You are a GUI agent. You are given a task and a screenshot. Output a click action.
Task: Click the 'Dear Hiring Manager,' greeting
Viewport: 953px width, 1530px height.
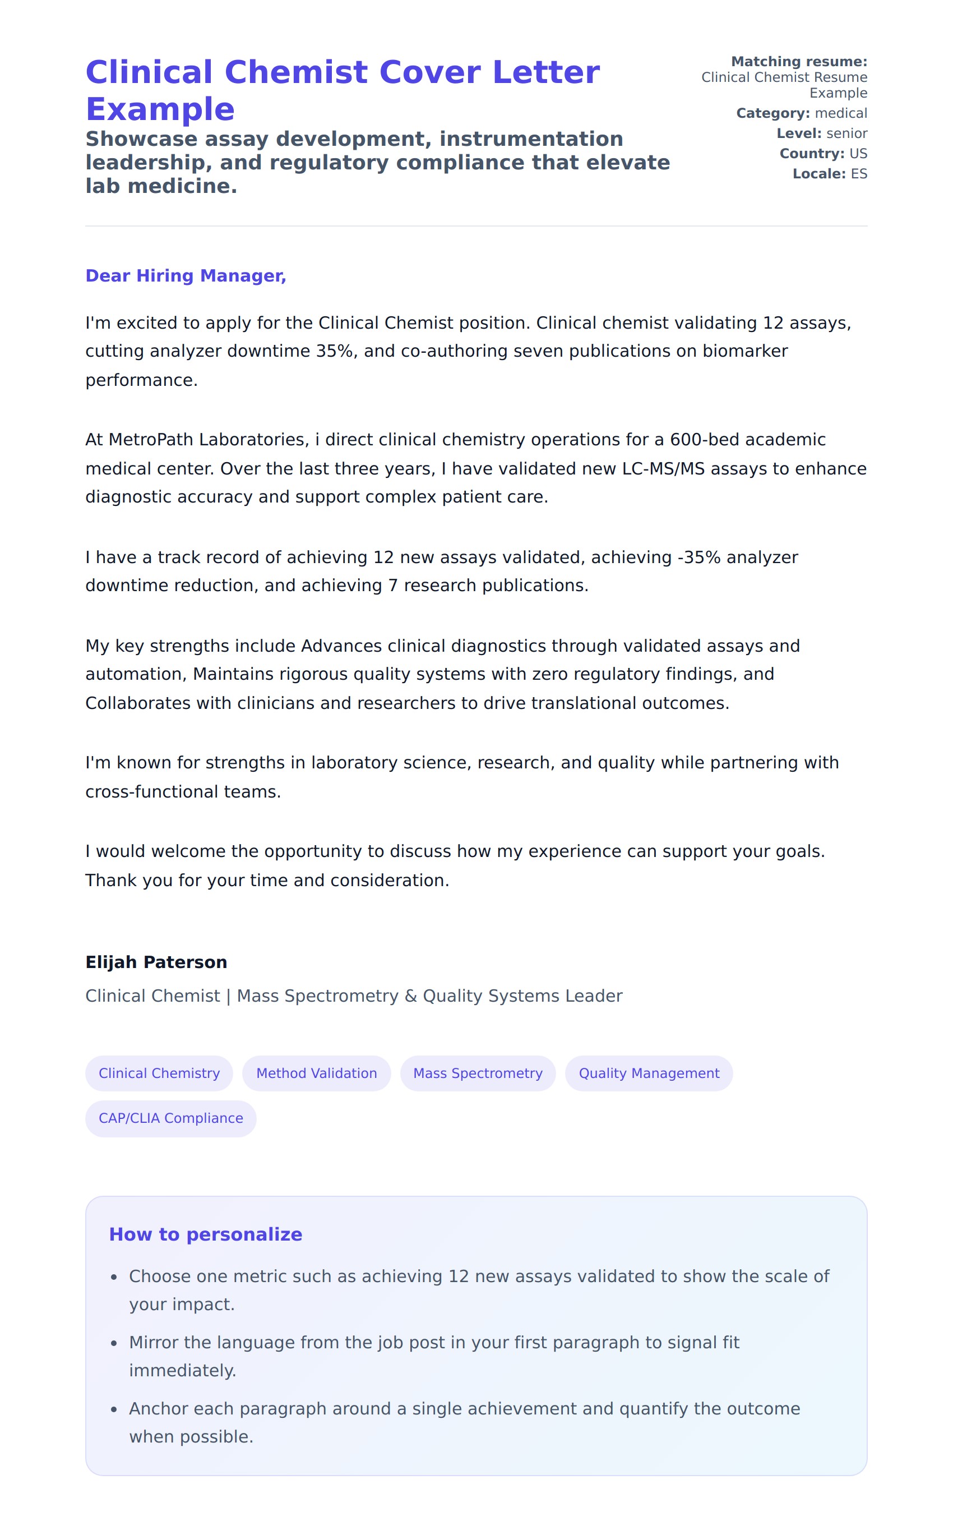pyautogui.click(x=186, y=275)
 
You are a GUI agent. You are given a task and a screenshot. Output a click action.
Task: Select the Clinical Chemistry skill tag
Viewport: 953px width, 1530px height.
pyautogui.click(x=159, y=1073)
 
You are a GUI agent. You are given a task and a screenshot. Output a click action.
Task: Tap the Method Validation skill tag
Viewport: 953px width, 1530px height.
pyautogui.click(x=316, y=1073)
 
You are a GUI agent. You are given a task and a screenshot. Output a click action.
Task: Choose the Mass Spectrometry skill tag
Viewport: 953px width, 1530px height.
pyautogui.click(x=478, y=1073)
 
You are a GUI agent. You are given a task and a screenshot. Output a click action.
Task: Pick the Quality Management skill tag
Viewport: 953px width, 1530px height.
pyautogui.click(x=649, y=1073)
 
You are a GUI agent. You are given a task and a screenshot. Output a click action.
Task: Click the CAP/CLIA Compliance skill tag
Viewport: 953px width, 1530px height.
pyautogui.click(x=171, y=1118)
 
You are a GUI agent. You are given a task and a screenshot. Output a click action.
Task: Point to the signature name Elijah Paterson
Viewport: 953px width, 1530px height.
pyautogui.click(x=156, y=962)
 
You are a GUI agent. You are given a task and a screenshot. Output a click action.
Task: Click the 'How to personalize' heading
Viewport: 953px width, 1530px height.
pyautogui.click(x=206, y=1234)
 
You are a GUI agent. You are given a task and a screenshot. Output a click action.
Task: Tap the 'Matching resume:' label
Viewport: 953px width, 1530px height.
pyautogui.click(x=799, y=62)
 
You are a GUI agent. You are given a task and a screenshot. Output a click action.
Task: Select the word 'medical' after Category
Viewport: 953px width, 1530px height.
pyautogui.click(x=841, y=113)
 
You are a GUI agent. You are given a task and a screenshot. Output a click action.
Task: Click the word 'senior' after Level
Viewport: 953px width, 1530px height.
pyautogui.click(x=846, y=133)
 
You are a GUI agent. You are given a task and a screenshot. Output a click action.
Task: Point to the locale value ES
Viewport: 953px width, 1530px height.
pyautogui.click(x=858, y=174)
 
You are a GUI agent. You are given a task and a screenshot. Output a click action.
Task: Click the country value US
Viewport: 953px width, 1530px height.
pyautogui.click(x=858, y=154)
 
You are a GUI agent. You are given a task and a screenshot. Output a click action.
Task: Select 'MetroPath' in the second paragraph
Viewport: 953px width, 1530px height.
pyautogui.click(x=151, y=439)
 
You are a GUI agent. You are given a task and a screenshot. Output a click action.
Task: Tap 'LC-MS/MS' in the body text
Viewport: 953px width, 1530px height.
pyautogui.click(x=663, y=468)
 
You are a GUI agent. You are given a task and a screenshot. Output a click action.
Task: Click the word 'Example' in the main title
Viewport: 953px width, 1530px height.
pyautogui.click(x=160, y=110)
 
